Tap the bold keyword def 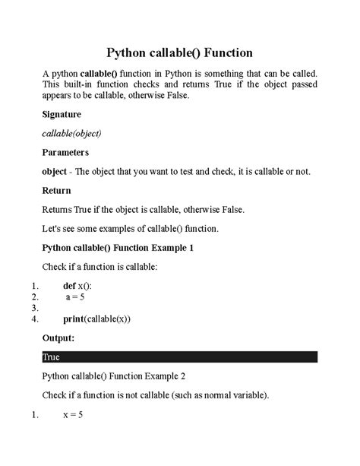[71, 285]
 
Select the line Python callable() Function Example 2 [114, 376]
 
